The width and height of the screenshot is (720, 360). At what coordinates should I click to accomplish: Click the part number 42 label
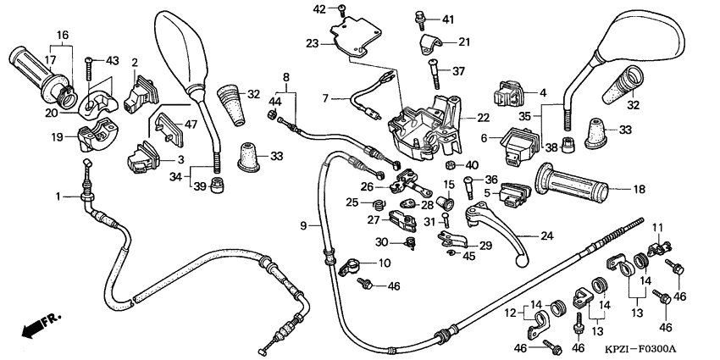[x=318, y=9]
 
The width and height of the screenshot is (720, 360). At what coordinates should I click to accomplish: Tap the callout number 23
[x=312, y=42]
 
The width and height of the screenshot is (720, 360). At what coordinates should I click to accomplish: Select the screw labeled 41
[x=419, y=16]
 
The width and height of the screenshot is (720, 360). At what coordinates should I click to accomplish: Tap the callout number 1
[x=58, y=197]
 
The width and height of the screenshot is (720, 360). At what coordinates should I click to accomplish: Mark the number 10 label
[x=384, y=263]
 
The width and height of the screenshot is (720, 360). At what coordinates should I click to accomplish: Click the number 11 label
[x=655, y=226]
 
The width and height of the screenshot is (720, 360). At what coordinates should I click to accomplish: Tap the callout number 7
[x=324, y=99]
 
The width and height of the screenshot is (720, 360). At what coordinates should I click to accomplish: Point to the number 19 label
[x=57, y=136]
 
